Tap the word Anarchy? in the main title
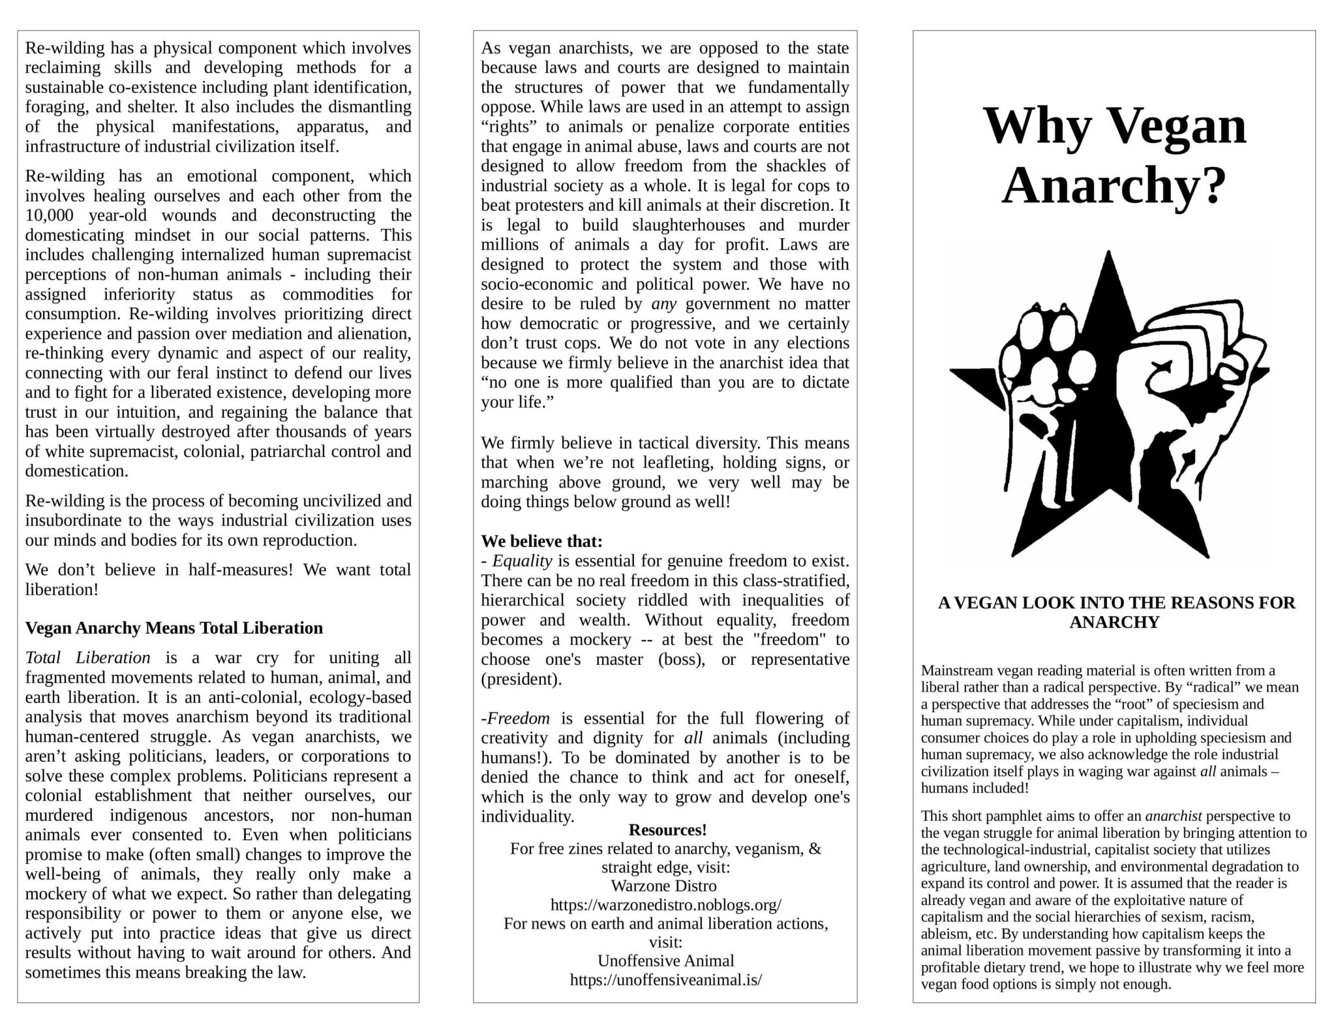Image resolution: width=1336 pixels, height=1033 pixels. pos(1114,185)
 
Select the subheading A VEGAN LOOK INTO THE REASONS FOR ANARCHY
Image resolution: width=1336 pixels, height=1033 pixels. pos(1116,612)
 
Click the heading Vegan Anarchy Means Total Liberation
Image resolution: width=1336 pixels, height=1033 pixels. pos(174,628)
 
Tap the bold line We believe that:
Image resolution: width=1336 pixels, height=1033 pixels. pos(541,541)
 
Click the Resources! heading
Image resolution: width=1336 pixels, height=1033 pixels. pos(667,829)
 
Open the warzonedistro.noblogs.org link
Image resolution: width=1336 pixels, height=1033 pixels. pos(666,905)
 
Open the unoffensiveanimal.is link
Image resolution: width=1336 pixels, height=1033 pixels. pos(666,979)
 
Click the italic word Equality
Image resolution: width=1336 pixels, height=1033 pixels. pos(522,561)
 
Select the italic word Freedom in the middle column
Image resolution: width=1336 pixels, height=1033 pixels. pos(519,718)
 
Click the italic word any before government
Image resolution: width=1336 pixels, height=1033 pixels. pos(664,304)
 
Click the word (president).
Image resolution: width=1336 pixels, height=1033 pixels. pos(521,679)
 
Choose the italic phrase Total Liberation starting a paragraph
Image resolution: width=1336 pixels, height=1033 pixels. pos(87,657)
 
